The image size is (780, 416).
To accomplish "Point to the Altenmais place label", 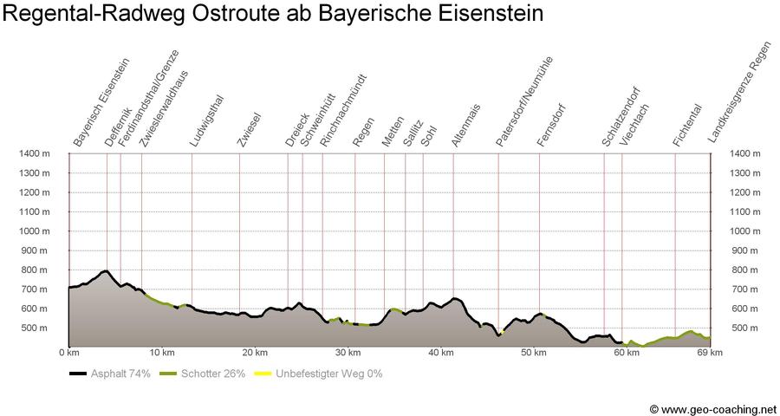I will point(466,127).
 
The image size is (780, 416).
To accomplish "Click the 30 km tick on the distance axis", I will point(348,353).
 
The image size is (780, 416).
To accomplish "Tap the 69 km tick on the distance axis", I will point(710,353).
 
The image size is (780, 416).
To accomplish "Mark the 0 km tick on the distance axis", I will point(68,353).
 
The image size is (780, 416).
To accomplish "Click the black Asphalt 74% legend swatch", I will point(78,374).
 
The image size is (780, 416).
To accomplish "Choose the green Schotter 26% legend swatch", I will point(169,374).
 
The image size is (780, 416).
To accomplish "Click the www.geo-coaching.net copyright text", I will point(712,408).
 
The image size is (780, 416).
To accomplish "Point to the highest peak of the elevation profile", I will point(106,271).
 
